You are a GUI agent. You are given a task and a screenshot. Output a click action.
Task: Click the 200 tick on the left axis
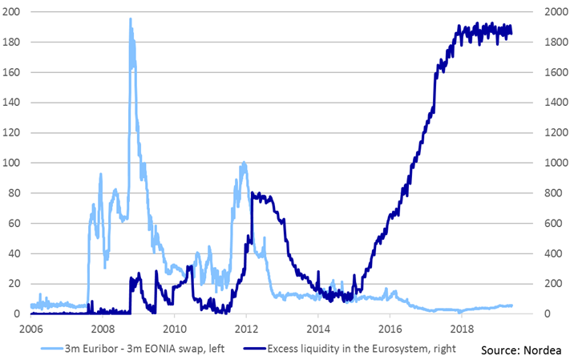tap(14, 12)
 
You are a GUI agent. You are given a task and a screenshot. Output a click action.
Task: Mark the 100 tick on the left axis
tap(14, 163)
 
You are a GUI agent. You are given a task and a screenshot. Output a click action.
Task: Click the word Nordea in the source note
tap(540, 350)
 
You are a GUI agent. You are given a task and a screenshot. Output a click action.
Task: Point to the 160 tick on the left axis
tap(14, 72)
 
